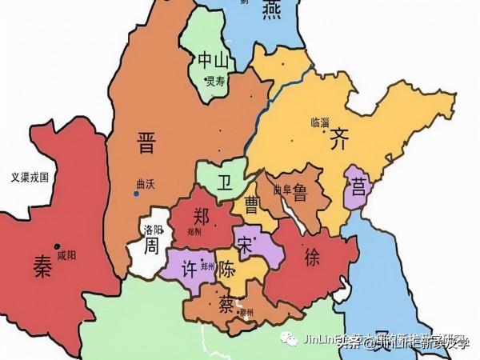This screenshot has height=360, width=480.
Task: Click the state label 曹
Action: pos(252,202)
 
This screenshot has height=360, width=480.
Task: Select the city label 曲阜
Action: pos(281,190)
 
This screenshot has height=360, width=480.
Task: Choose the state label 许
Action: pos(191,266)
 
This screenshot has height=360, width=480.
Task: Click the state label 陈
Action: pos(227,271)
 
